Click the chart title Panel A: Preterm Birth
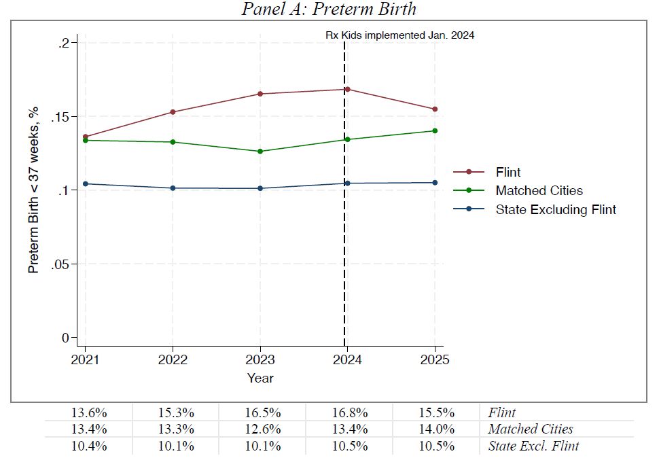pyautogui.click(x=329, y=9)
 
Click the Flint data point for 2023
pyautogui.click(x=260, y=94)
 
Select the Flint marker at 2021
pyautogui.click(x=86, y=137)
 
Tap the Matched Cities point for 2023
pyautogui.click(x=260, y=151)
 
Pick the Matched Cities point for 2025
pyautogui.click(x=435, y=130)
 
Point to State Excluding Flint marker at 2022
pyautogui.click(x=173, y=188)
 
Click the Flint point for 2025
pyautogui.click(x=435, y=109)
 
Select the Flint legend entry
pyautogui.click(x=507, y=172)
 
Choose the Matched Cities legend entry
pyautogui.click(x=539, y=191)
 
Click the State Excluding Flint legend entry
pyautogui.click(x=555, y=209)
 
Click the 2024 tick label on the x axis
pyautogui.click(x=347, y=360)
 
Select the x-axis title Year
pyautogui.click(x=260, y=378)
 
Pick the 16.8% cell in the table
pyautogui.click(x=351, y=412)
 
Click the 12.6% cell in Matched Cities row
pyautogui.click(x=263, y=429)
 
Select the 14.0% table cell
pyautogui.click(x=438, y=429)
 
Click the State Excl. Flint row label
pyautogui.click(x=533, y=446)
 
